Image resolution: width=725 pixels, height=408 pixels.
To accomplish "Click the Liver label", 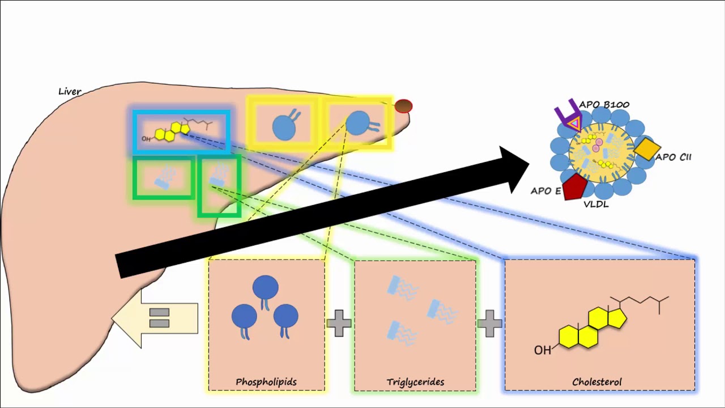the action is click(x=70, y=92).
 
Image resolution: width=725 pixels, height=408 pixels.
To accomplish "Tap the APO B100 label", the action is click(x=604, y=105).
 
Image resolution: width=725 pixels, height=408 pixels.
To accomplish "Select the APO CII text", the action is click(x=673, y=158).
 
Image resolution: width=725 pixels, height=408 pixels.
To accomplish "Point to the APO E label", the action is click(x=545, y=191).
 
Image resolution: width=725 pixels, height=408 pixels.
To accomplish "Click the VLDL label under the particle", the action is click(x=596, y=205).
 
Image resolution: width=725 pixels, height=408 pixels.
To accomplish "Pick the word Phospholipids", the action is click(x=266, y=382).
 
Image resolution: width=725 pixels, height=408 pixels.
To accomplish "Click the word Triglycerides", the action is click(x=415, y=382).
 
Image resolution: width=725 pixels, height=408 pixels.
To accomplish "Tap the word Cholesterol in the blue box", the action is click(x=597, y=382).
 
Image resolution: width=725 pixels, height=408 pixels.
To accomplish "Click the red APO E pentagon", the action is click(x=574, y=187).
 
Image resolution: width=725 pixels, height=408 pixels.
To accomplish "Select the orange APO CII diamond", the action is click(x=647, y=149).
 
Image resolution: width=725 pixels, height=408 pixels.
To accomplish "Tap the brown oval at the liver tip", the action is click(x=404, y=106).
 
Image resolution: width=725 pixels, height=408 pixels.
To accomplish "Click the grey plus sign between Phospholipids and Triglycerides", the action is click(x=339, y=323).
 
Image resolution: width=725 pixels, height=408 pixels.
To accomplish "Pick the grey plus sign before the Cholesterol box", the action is click(x=490, y=323).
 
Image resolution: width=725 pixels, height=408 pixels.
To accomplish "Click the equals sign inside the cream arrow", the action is click(x=159, y=318).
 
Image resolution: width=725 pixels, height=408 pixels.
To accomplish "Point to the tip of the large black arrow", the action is click(x=529, y=164).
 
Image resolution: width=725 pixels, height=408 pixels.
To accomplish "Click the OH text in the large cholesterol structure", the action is click(x=543, y=350).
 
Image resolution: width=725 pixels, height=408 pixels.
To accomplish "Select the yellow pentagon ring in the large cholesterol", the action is click(x=617, y=318).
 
